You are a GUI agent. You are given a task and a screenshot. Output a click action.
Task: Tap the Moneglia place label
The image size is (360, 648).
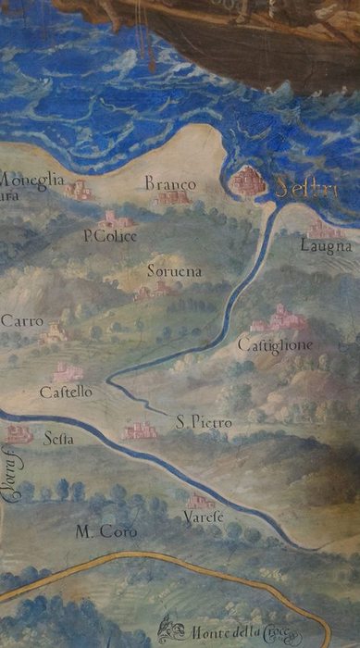point(32,180)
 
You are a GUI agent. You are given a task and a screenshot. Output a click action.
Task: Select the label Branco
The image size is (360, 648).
point(170,185)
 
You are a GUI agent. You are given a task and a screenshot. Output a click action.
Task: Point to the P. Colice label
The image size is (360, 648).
point(110,237)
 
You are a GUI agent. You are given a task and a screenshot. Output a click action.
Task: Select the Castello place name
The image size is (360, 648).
point(66,393)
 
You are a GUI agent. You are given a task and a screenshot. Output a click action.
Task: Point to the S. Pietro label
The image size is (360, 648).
point(204,423)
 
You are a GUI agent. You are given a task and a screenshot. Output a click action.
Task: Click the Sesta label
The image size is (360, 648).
point(58,440)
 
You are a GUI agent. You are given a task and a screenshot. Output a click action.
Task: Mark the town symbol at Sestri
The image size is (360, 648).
point(248,181)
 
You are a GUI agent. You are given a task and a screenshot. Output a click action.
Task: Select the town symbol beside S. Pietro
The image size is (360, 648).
point(141,430)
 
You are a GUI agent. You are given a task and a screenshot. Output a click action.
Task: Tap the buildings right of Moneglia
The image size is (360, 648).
point(79,190)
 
